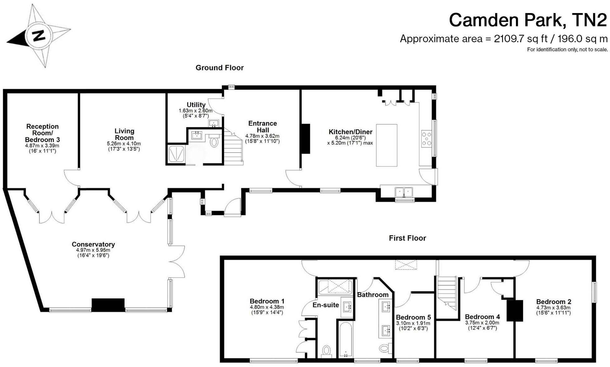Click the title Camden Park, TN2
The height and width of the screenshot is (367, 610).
coord(528,20)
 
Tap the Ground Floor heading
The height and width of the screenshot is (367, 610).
coord(219,68)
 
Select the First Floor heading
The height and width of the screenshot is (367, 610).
coord(407,238)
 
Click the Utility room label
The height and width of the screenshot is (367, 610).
coord(196,105)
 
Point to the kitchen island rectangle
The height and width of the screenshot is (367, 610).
coord(387,145)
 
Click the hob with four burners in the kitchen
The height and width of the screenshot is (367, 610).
coord(426,139)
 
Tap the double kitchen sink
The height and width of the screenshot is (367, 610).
coord(404,192)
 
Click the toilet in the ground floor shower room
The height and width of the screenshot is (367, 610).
coord(214,142)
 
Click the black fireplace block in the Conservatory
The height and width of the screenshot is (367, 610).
coord(108,305)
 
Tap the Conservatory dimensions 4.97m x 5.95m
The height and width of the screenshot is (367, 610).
coord(93,250)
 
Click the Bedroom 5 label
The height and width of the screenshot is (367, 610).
coord(413,317)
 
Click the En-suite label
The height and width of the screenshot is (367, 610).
coord(326,305)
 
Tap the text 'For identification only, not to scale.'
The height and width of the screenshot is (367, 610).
coord(567,49)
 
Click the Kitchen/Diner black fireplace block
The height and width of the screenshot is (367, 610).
coord(305,139)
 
